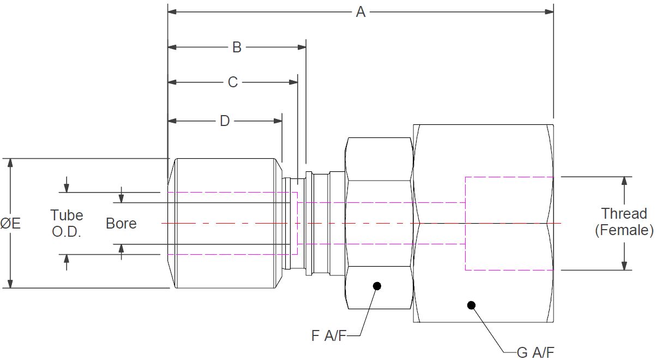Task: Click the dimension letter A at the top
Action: [360, 11]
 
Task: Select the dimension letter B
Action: [237, 47]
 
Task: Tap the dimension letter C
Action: [233, 82]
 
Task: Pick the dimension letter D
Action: [225, 121]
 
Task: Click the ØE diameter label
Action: [10, 223]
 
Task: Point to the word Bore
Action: [121, 223]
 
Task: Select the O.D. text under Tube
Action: [67, 231]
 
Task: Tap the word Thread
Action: [624, 213]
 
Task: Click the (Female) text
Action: [624, 230]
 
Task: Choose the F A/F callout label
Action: [329, 336]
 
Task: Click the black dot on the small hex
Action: [377, 285]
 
